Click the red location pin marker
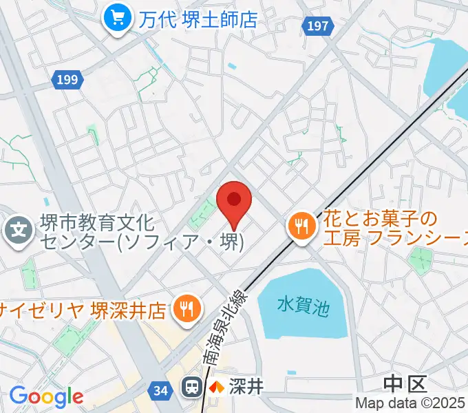pyautogui.click(x=234, y=201)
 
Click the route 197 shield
pyautogui.click(x=316, y=25)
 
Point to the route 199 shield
pyautogui.click(x=67, y=81)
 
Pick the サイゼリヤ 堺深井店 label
pyautogui.click(x=83, y=308)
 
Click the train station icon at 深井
pyautogui.click(x=192, y=387)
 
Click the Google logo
pyautogui.click(x=46, y=396)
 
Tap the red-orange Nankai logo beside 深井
pyautogui.click(x=217, y=388)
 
